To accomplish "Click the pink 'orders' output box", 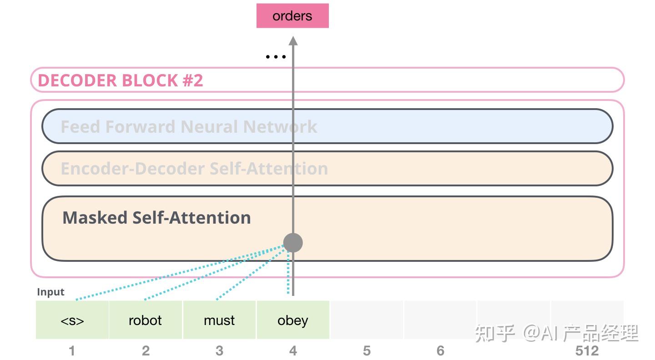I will click(x=292, y=16).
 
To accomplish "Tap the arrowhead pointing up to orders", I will click(x=293, y=41).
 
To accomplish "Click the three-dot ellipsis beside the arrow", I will click(x=275, y=57).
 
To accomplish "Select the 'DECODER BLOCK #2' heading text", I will click(x=120, y=80).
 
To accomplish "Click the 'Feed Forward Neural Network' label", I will click(x=189, y=126).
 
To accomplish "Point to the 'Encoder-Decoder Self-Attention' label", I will click(x=194, y=169).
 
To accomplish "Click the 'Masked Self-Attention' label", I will click(x=156, y=218).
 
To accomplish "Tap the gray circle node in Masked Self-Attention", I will click(x=293, y=242).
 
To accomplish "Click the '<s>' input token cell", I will click(x=72, y=320).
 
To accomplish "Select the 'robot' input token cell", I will click(x=146, y=320).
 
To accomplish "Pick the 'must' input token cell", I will click(x=219, y=320).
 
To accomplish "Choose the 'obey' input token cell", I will click(x=293, y=320).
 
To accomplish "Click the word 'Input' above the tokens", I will click(x=50, y=292).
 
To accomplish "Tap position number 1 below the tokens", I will click(x=72, y=351).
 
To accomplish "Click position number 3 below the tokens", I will click(x=219, y=351).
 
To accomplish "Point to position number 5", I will click(x=367, y=351).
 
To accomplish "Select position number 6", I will click(x=440, y=351).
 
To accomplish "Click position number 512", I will click(x=587, y=351).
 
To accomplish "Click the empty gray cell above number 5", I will click(x=367, y=320).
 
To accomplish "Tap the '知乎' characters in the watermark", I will click(x=495, y=333).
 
